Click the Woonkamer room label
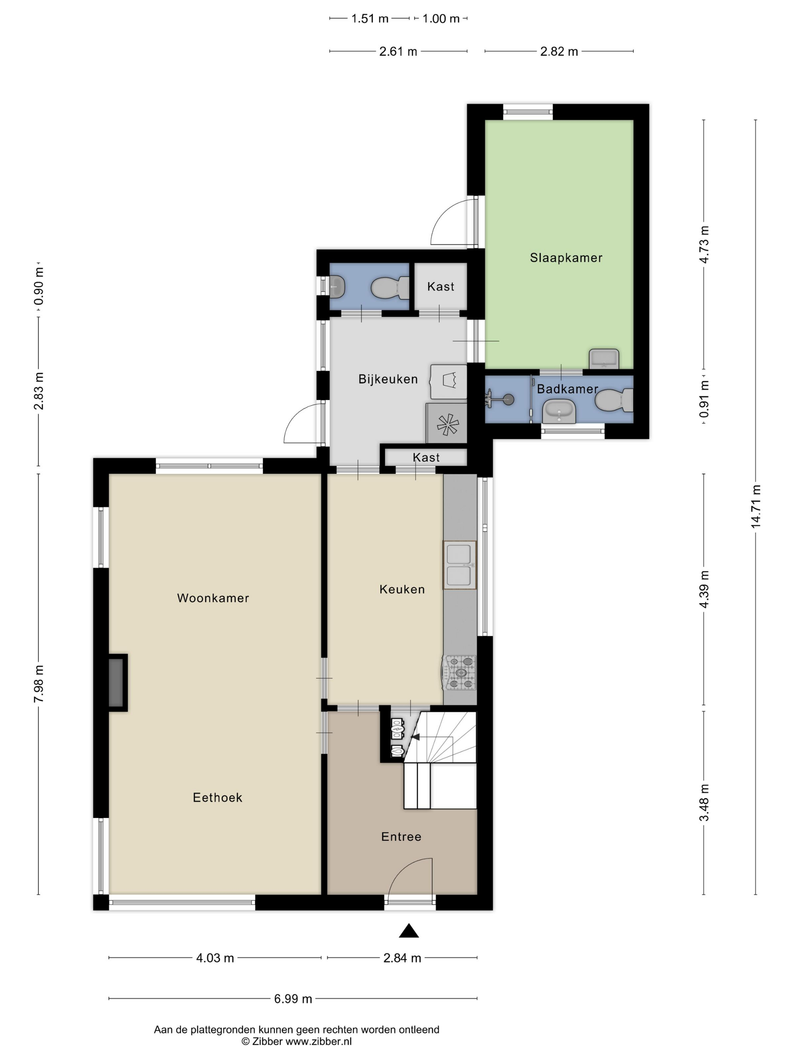[x=213, y=598]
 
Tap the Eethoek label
[x=217, y=798]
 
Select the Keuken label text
[x=402, y=589]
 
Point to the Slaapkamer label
[x=566, y=258]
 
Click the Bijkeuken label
[x=388, y=379]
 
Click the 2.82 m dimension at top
[x=559, y=51]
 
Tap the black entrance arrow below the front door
[x=409, y=931]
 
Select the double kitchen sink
[x=459, y=565]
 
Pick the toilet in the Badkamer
[x=614, y=400]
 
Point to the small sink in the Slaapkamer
[x=604, y=359]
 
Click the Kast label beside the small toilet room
[x=441, y=287]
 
